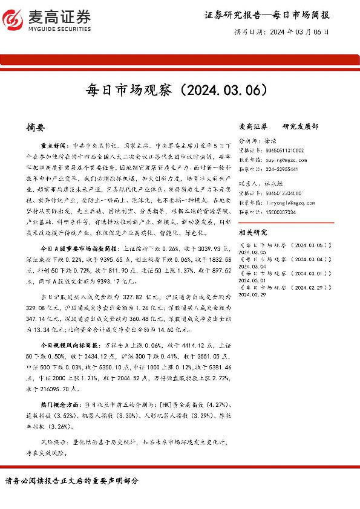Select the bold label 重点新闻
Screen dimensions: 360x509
[53, 146]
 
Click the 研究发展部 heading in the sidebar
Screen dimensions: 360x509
[301, 127]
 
